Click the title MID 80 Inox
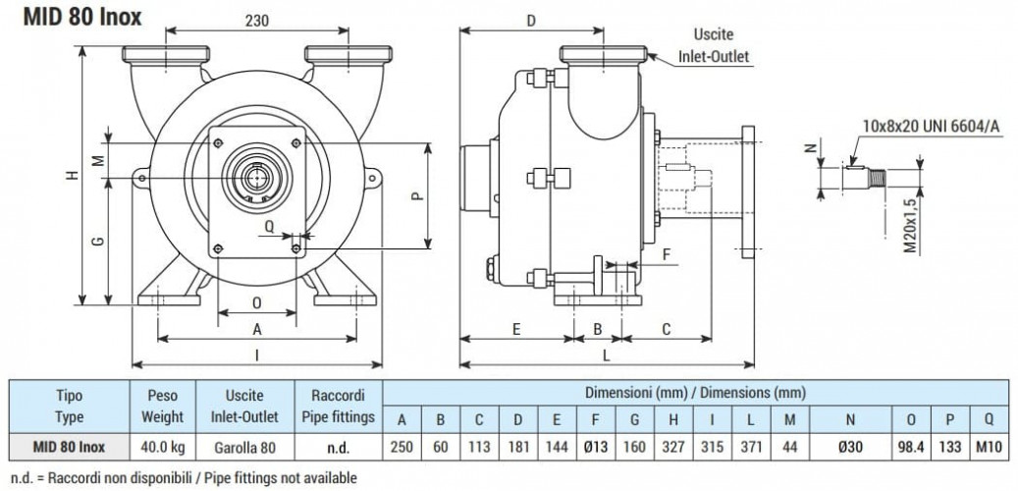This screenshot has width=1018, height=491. [x=72, y=17]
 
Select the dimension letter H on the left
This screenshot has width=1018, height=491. [x=71, y=175]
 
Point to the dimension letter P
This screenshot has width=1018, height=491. [x=415, y=195]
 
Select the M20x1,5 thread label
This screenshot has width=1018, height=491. [x=910, y=226]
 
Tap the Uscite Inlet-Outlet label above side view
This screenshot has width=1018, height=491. [x=713, y=46]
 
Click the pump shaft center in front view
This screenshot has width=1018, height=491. [x=257, y=177]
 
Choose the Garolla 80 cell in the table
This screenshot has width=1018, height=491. [x=243, y=446]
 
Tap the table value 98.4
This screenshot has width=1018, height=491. [x=912, y=446]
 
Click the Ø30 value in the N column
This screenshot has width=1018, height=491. [x=849, y=446]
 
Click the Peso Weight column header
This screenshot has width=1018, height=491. [x=163, y=406]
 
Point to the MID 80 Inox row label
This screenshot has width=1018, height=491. [x=69, y=446]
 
